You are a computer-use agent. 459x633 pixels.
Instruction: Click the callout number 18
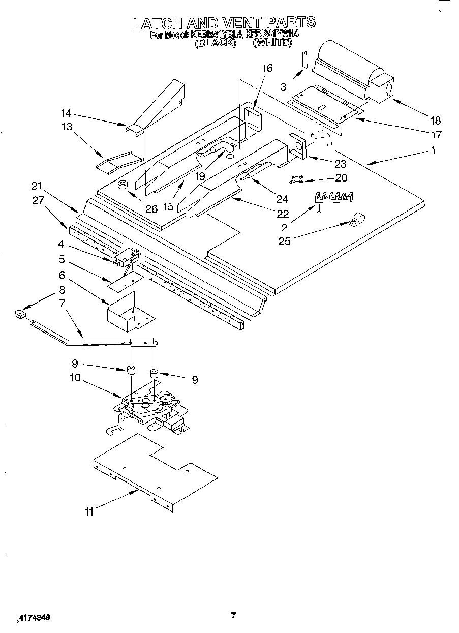435,120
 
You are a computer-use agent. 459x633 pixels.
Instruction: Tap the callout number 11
89,512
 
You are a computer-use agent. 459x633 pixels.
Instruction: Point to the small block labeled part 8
20,315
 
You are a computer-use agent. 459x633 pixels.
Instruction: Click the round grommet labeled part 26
122,185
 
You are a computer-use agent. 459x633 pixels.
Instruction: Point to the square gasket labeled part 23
297,145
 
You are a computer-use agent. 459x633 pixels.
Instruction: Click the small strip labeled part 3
304,59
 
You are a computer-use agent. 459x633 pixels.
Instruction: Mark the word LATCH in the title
158,23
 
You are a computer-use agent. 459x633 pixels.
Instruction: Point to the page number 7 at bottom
233,616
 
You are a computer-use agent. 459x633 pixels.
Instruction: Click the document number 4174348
35,618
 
